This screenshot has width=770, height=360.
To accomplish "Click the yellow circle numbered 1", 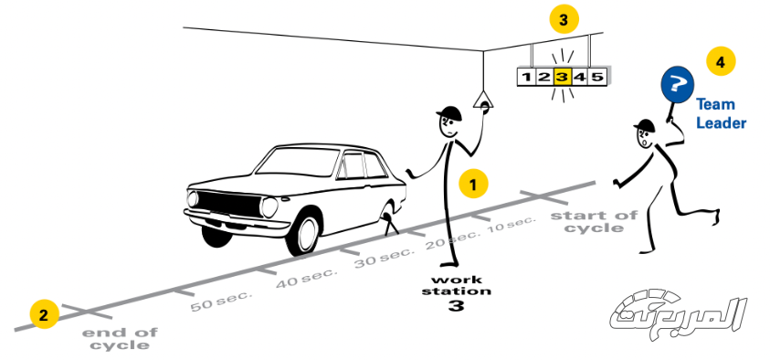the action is click(473, 185).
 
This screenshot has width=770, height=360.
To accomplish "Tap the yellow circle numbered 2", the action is click(44, 315).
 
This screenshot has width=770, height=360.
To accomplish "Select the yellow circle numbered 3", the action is click(564, 21).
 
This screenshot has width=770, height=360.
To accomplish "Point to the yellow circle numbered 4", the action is click(721, 62).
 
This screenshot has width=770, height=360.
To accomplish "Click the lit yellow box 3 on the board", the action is click(563, 77).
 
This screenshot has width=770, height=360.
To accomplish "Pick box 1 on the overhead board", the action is click(526, 77).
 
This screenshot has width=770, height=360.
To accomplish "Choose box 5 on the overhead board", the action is click(597, 77).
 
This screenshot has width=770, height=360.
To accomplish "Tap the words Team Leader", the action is click(721, 113).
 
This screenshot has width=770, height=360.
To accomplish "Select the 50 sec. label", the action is click(221, 302).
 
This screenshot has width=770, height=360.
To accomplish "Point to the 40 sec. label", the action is click(307, 277).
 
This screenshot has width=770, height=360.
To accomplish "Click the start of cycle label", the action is click(594, 221).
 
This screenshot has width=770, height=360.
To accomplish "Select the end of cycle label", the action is click(121, 339).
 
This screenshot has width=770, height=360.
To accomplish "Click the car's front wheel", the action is click(302, 231).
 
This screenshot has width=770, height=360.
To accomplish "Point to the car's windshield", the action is click(297, 162).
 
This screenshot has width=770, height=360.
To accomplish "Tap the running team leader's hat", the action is click(645, 127).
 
